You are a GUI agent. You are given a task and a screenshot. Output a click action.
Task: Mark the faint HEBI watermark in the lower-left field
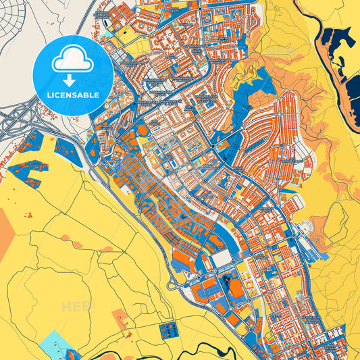pos(76,307)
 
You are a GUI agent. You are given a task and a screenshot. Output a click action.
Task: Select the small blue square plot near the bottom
pos(166,331)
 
